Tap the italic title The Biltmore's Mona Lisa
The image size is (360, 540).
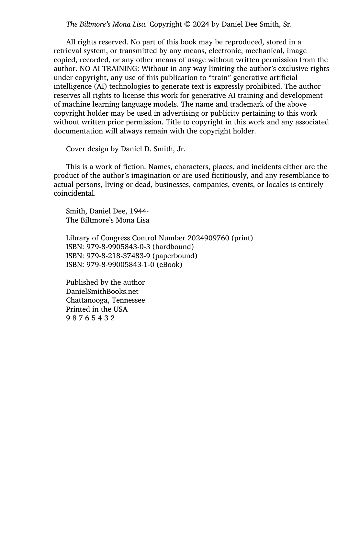(106, 24)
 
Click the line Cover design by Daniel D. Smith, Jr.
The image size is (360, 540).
(126, 149)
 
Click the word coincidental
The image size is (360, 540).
(74, 193)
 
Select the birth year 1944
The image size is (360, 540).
(138, 211)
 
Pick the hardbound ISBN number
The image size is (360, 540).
(118, 247)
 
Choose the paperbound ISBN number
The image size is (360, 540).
(118, 256)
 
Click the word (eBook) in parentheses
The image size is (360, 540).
(169, 265)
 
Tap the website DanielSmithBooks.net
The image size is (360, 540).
(102, 292)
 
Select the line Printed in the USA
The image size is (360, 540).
(97, 309)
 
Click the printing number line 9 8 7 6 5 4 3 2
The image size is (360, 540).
(90, 318)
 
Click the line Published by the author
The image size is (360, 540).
(105, 282)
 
